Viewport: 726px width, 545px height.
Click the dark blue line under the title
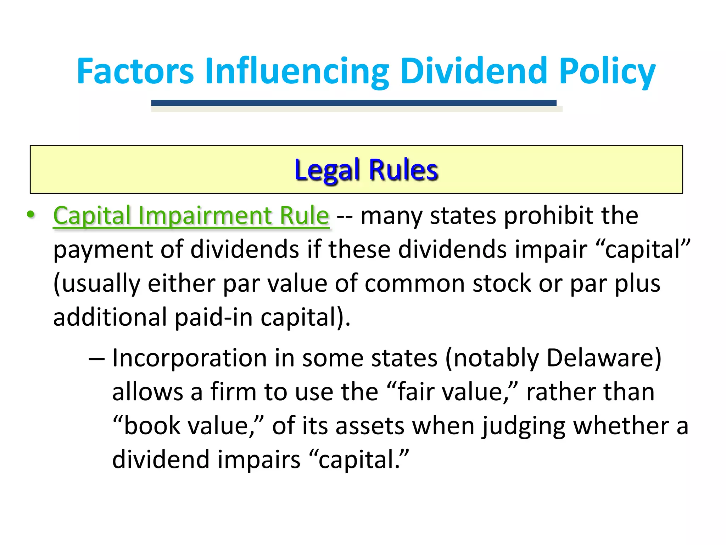(353, 103)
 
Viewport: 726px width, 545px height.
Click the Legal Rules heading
(366, 170)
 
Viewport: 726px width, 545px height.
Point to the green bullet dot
(31, 214)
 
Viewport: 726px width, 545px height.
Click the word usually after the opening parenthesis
(101, 283)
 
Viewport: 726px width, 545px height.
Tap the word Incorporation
(189, 358)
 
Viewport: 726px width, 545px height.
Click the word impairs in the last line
(259, 459)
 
